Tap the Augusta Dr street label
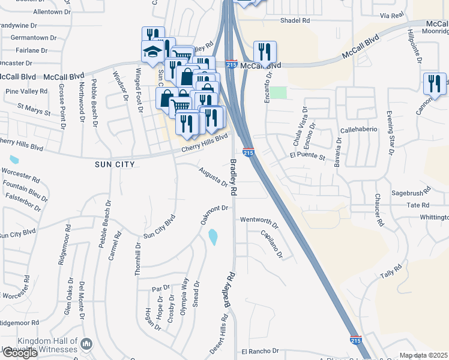tap(214, 177)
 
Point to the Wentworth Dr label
tap(259, 220)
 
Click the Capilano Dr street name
tap(271, 245)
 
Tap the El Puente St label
tap(307, 157)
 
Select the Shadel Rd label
tap(295, 20)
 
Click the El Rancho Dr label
tap(261, 351)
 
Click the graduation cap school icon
tap(152, 52)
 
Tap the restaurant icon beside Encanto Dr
tap(264, 52)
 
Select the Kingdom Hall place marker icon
tap(87, 344)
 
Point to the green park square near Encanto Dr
tap(278, 92)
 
